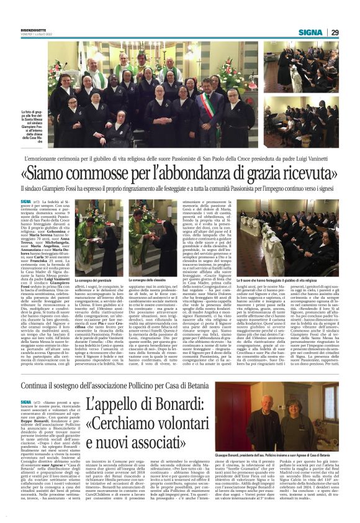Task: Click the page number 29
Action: [333, 32]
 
